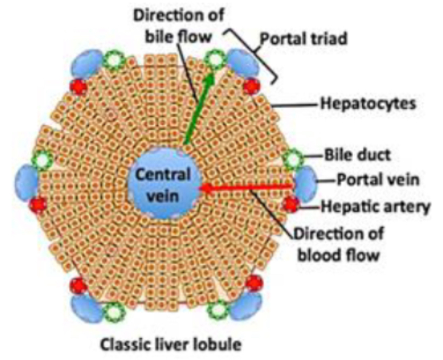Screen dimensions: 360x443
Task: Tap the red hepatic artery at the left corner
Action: pos(37,204)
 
